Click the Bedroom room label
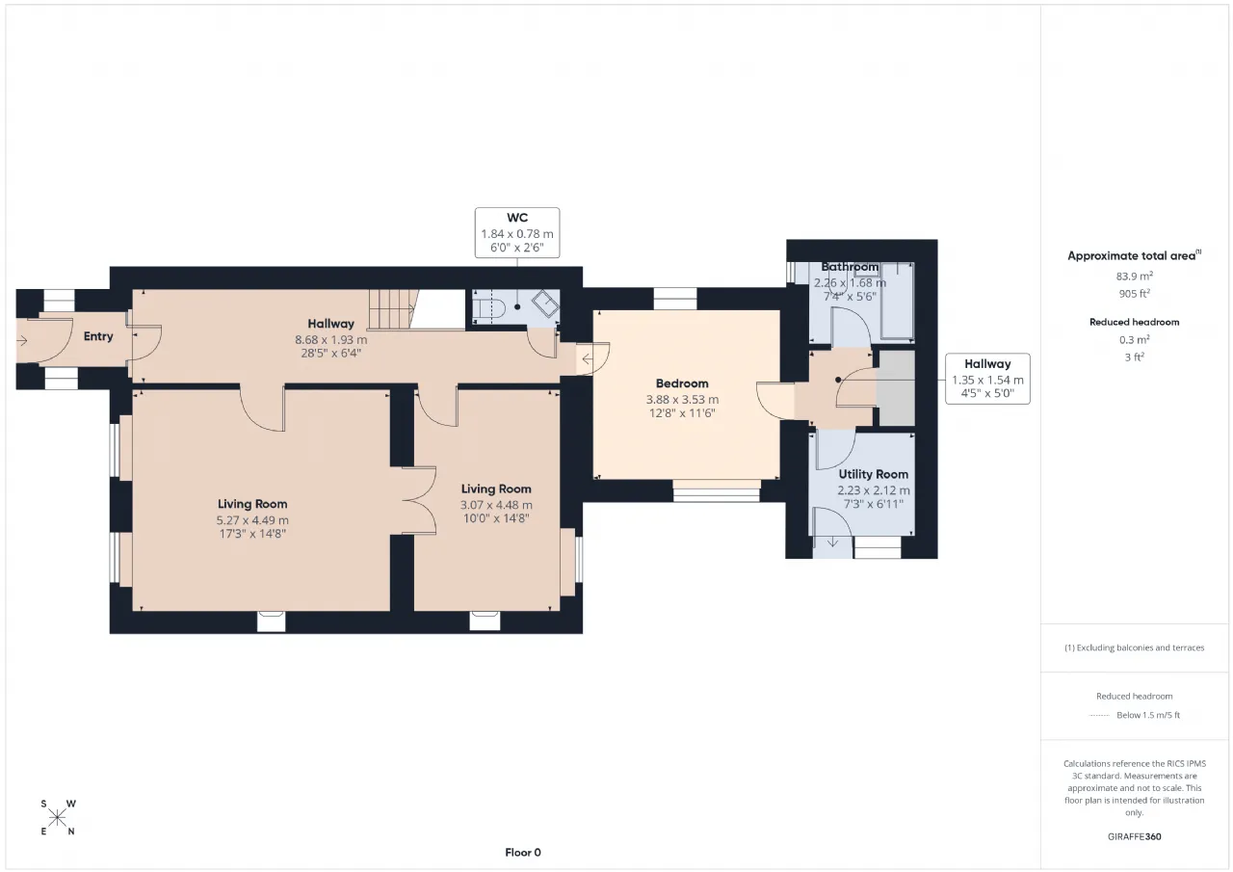tap(682, 383)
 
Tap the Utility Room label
tap(873, 474)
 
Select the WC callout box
tap(517, 233)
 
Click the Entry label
tap(98, 336)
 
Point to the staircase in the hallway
tap(392, 309)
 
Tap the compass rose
tap(57, 817)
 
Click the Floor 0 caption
tap(523, 853)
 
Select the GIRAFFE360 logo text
tap(1135, 836)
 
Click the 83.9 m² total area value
tap(1135, 276)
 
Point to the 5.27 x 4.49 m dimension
tap(252, 520)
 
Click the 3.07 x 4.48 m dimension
tap(496, 505)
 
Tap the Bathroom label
tap(850, 267)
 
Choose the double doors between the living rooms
tap(419, 500)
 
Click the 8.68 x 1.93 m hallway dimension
tap(330, 340)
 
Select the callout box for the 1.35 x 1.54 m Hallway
tap(987, 379)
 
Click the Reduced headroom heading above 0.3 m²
tap(1135, 322)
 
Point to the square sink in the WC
tap(545, 304)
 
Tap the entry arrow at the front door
tap(22, 341)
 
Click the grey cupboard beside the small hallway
tap(896, 388)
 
